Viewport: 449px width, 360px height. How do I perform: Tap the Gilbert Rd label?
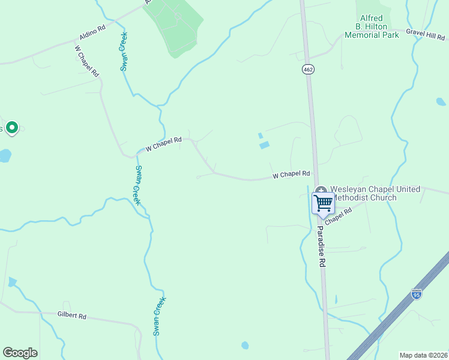72,316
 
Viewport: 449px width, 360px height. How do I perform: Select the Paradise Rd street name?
321,247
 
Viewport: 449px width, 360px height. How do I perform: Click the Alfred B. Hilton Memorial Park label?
372,27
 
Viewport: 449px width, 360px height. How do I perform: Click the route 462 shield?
308,70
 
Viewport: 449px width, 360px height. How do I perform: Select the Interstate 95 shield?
417,294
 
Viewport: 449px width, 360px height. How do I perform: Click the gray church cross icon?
321,190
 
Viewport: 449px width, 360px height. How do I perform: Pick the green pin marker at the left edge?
12,127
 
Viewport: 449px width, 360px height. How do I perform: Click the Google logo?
20,353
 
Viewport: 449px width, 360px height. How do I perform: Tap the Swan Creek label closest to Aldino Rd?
124,52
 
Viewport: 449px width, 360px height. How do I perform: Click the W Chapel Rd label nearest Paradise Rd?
291,175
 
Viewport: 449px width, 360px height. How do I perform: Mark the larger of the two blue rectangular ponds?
264,145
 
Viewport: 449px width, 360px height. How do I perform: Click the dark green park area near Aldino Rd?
178,27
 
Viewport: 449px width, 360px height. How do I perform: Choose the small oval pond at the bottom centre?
245,346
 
